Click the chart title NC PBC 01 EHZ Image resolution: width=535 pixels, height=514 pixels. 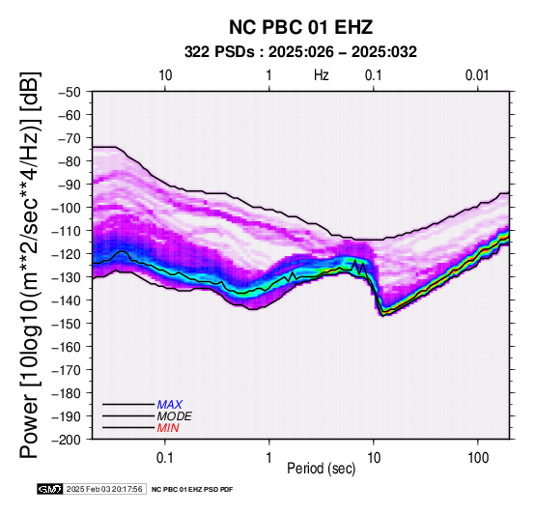click(300, 27)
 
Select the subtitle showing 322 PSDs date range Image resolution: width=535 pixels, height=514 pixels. click(300, 52)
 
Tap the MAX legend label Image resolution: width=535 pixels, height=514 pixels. click(170, 405)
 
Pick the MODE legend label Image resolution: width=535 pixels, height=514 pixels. click(175, 416)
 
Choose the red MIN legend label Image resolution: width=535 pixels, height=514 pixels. click(168, 428)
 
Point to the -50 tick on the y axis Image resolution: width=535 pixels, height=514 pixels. click(69, 92)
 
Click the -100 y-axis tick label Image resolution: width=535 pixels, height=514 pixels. click(66, 208)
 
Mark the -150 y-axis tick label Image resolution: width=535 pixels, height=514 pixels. click(66, 324)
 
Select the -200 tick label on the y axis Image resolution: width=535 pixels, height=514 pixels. click(66, 440)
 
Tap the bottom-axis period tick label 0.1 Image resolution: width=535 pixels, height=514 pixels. click(165, 458)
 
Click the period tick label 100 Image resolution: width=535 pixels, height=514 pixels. click(478, 458)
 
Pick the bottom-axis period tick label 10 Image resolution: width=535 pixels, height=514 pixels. click(374, 458)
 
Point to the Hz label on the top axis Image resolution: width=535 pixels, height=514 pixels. click(321, 75)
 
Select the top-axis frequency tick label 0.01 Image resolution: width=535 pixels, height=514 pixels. click(477, 75)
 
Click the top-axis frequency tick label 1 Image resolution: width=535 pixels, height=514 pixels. click(269, 75)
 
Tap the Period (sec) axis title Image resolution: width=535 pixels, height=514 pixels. click(321, 469)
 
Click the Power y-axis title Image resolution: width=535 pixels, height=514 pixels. click(30, 265)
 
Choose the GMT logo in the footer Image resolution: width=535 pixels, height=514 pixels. click(50, 489)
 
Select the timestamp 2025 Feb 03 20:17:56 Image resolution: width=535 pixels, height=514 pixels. click(104, 489)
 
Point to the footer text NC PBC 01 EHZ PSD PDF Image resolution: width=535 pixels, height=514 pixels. click(192, 490)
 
